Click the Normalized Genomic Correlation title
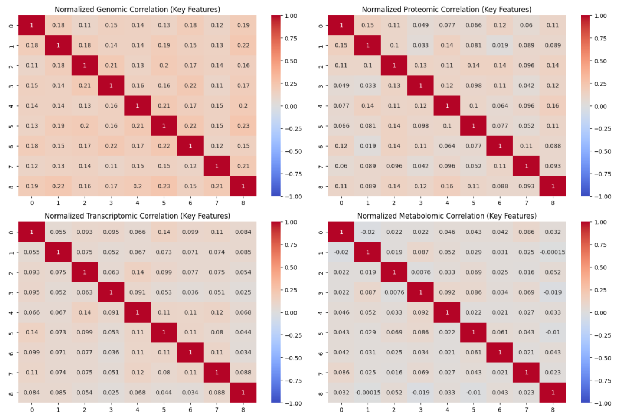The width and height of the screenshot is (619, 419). click(x=137, y=10)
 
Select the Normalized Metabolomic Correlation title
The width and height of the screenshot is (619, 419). click(x=447, y=216)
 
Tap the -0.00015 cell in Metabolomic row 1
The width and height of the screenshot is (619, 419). click(x=552, y=252)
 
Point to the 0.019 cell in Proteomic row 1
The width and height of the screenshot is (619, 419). click(x=500, y=45)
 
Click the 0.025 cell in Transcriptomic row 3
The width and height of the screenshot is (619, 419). click(x=243, y=292)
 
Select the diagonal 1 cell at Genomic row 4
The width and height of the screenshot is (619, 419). click(x=137, y=106)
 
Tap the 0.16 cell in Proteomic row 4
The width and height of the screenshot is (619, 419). click(x=552, y=106)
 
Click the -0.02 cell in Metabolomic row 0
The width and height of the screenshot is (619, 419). click(x=368, y=232)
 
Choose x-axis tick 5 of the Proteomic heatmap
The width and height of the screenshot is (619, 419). click(x=473, y=203)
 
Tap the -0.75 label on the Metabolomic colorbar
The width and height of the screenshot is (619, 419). click(x=600, y=381)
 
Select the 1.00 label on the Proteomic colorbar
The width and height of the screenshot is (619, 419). click(x=600, y=16)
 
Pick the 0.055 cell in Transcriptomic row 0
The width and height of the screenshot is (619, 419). click(x=58, y=232)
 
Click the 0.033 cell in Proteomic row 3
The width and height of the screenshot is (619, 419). click(x=368, y=86)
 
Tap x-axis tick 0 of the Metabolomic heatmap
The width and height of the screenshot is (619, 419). click(x=341, y=410)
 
